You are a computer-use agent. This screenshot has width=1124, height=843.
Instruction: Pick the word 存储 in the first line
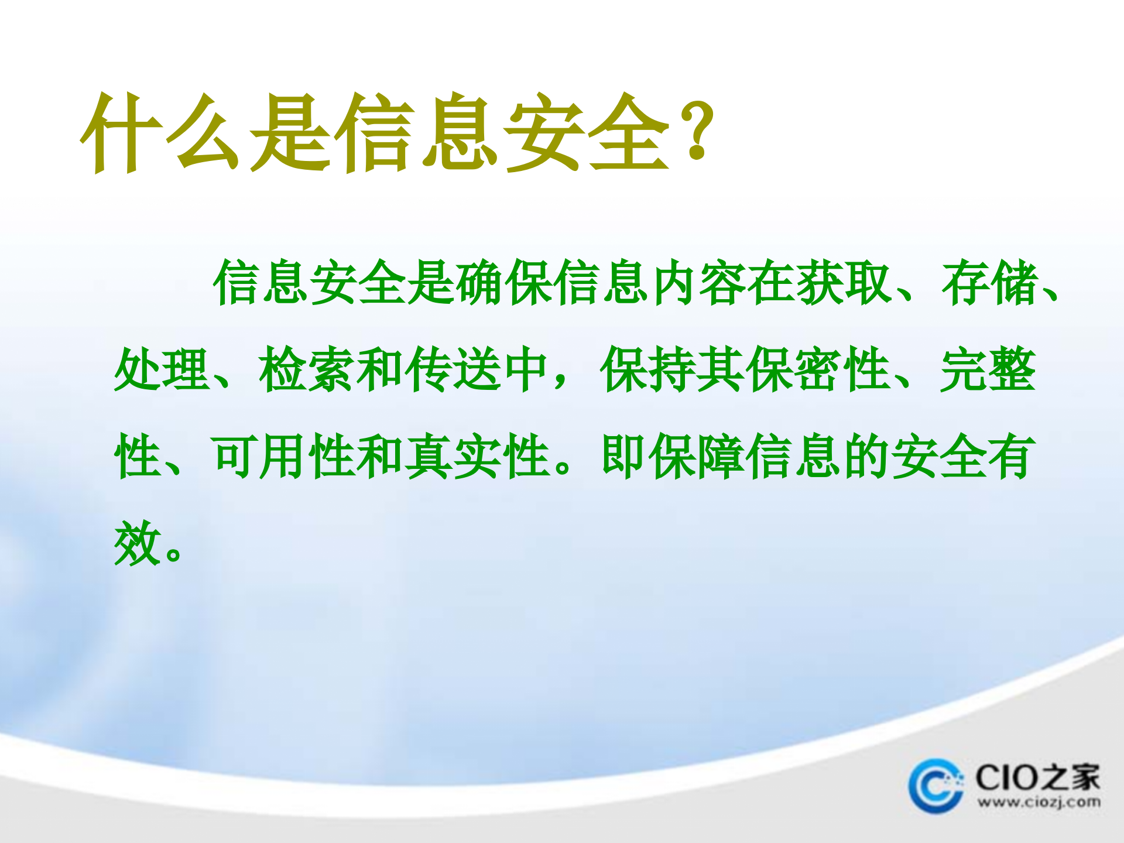tap(989, 283)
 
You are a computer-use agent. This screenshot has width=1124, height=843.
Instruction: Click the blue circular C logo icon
tap(935, 786)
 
